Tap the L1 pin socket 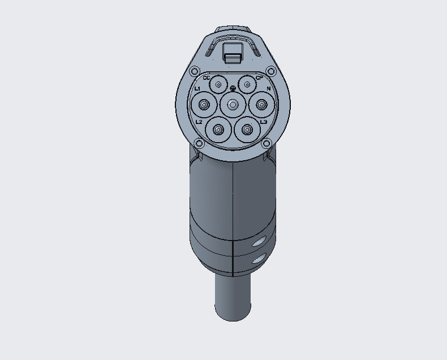(203, 104)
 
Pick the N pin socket (261, 104)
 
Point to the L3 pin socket (247, 129)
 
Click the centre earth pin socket (232, 104)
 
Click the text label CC (206, 78)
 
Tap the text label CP (259, 78)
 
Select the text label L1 (197, 89)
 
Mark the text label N (269, 89)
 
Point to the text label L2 (199, 122)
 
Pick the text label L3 (264, 122)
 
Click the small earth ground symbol (233, 88)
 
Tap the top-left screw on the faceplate (195, 71)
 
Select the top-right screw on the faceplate (270, 71)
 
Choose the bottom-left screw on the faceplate (199, 143)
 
